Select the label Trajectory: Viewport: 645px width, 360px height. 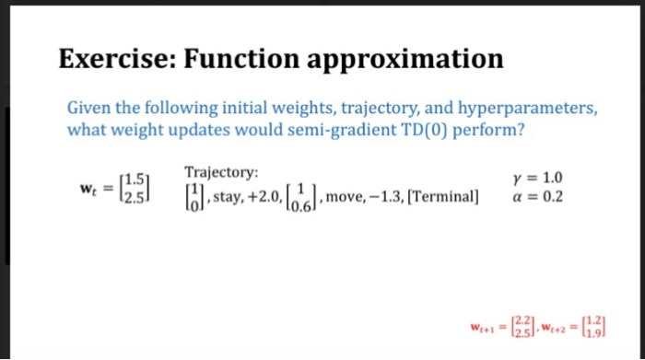click(x=222, y=172)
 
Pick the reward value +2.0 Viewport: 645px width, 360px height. click(x=266, y=196)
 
